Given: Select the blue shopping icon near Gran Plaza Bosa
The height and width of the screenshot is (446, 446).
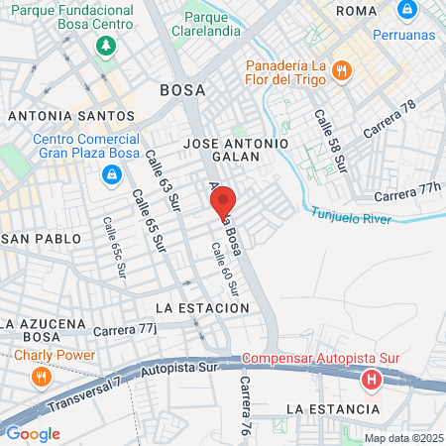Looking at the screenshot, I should tap(112, 175).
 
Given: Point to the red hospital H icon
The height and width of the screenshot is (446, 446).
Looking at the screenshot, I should tap(372, 379).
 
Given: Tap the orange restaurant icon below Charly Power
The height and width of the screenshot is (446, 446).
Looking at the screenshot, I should tap(41, 377).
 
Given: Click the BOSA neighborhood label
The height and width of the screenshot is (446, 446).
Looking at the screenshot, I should tap(182, 90).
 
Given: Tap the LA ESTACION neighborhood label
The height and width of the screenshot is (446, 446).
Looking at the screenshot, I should tap(202, 308).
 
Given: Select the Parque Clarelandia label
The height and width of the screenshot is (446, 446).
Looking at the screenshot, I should tap(220, 24).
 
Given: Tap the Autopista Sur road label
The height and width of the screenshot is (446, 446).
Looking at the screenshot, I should tap(178, 369).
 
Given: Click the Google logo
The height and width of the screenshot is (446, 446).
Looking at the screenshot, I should tap(33, 433).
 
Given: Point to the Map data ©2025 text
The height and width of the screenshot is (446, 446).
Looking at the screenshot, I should tap(402, 438).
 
